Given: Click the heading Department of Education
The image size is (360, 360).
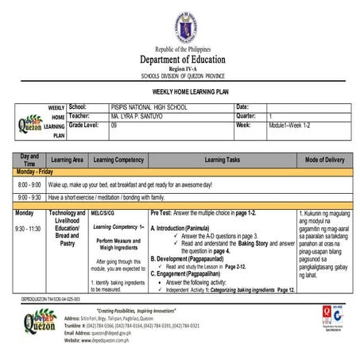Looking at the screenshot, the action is tap(182, 60).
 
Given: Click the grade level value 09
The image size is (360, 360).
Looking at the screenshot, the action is tap(114, 126).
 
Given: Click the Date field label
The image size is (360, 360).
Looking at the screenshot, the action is tap(242, 107).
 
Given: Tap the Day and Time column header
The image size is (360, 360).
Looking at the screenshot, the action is tap(29, 160).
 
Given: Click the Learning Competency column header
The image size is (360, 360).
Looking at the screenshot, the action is tap(118, 160).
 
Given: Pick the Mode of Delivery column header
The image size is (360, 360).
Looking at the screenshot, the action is tap(324, 160).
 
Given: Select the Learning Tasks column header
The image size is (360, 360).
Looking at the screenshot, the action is tap(222, 160).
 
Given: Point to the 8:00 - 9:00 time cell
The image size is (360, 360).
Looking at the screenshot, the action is tap(29, 184).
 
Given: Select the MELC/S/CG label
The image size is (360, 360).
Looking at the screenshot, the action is tap(103, 213).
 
